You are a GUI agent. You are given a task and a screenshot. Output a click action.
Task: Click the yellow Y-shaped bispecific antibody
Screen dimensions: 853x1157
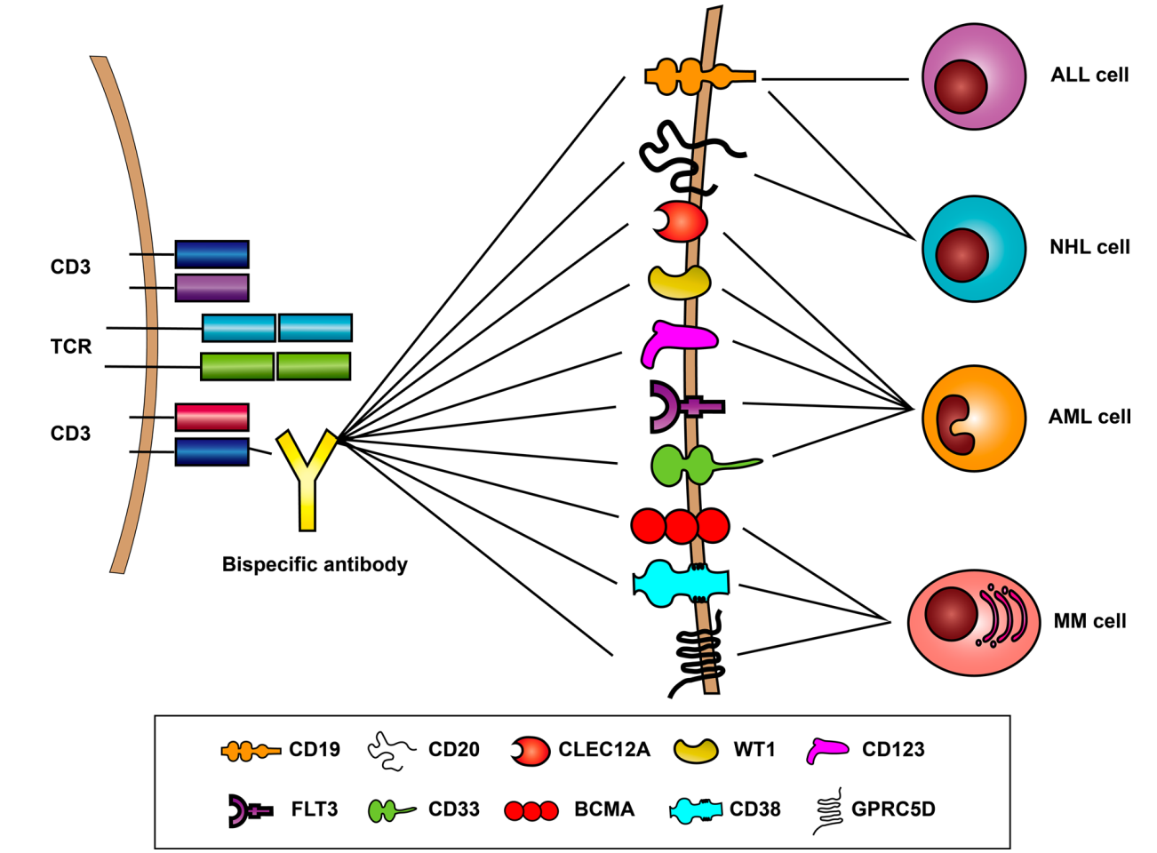[x=307, y=480]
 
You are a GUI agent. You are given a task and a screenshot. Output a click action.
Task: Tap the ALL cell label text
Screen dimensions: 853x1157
[x=1089, y=76]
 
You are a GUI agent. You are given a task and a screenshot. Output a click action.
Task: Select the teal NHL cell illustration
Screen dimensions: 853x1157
[x=974, y=249]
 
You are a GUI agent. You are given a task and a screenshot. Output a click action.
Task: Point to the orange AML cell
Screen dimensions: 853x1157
[x=974, y=418]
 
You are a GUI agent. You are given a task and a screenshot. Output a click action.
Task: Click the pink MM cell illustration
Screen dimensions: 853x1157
[x=974, y=622]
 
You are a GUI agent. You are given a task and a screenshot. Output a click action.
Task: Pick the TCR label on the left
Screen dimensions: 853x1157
[x=71, y=347]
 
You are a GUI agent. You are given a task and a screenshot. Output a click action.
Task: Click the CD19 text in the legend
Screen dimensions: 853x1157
[x=315, y=750]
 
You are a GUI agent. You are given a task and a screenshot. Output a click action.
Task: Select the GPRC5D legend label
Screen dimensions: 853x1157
[x=893, y=809]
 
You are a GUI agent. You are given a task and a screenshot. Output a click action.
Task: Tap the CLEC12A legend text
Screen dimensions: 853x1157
[x=604, y=750]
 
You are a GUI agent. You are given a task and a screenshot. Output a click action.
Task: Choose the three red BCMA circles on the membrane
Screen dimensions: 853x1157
[x=681, y=526]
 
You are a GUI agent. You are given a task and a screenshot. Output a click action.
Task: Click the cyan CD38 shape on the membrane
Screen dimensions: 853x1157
[x=681, y=583]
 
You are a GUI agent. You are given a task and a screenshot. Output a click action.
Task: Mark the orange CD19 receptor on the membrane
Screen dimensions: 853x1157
[x=699, y=77]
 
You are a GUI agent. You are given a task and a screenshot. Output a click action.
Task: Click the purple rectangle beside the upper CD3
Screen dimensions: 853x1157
[x=211, y=288]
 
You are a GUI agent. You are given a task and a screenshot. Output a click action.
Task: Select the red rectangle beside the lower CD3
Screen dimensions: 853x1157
[x=211, y=417]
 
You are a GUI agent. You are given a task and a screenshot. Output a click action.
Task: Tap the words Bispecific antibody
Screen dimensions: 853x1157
[x=315, y=564]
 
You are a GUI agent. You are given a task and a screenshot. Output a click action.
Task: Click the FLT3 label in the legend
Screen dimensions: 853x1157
[x=315, y=809]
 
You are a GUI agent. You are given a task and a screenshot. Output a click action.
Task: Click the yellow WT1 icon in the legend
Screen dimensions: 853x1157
[x=696, y=751]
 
